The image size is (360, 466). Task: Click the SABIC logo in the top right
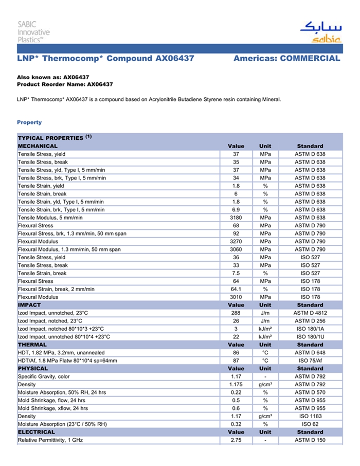(320, 32)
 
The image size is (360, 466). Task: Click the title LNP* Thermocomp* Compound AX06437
(105, 59)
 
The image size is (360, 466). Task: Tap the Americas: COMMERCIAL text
(286, 59)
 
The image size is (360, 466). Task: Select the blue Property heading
(29, 122)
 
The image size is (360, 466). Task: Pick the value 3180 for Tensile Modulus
(236, 218)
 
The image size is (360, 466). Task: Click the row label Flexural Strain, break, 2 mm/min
(56, 289)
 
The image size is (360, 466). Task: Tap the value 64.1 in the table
(236, 289)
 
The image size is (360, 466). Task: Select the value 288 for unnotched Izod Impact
(236, 313)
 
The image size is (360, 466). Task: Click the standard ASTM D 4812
(310, 313)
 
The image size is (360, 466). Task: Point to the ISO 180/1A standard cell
(310, 329)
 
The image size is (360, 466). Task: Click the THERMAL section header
(32, 345)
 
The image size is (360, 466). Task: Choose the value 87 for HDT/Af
(236, 361)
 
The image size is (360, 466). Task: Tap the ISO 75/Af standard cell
(310, 361)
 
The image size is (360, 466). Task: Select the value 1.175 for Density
(236, 384)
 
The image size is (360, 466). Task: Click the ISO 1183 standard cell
(310, 416)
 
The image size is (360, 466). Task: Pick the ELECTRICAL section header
(36, 432)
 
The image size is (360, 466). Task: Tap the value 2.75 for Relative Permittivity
(236, 440)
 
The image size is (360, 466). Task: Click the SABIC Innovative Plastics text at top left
(33, 32)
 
